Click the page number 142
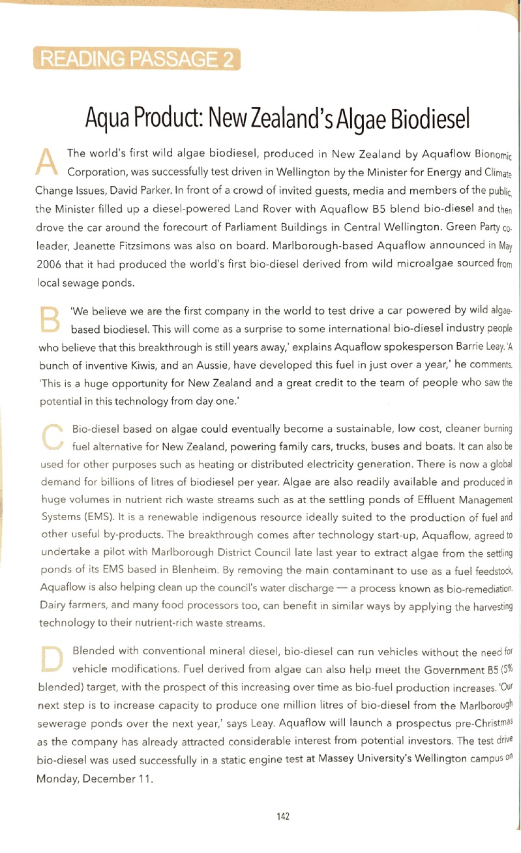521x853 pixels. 283,816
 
